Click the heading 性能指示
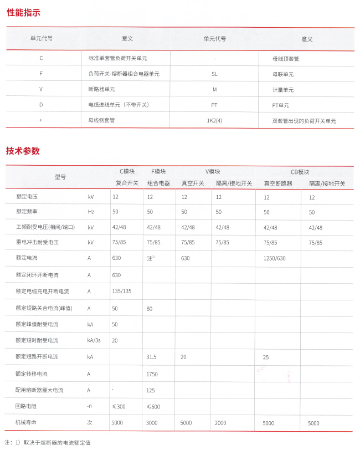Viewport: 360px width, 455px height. click(23, 13)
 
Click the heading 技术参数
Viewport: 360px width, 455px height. click(23, 151)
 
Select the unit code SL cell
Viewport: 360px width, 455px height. click(215, 74)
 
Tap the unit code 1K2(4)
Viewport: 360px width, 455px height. click(215, 120)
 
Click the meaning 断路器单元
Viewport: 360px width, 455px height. click(102, 89)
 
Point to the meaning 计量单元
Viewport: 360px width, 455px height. click(283, 90)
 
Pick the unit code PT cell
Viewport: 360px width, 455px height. click(215, 105)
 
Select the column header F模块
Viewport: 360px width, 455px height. click(158, 172)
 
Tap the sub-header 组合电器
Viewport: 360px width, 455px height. click(158, 183)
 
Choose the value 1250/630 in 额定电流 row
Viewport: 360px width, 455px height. click(275, 258)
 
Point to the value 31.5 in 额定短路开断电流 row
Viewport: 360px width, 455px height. click(152, 357)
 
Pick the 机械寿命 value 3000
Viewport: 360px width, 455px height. click(152, 423)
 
